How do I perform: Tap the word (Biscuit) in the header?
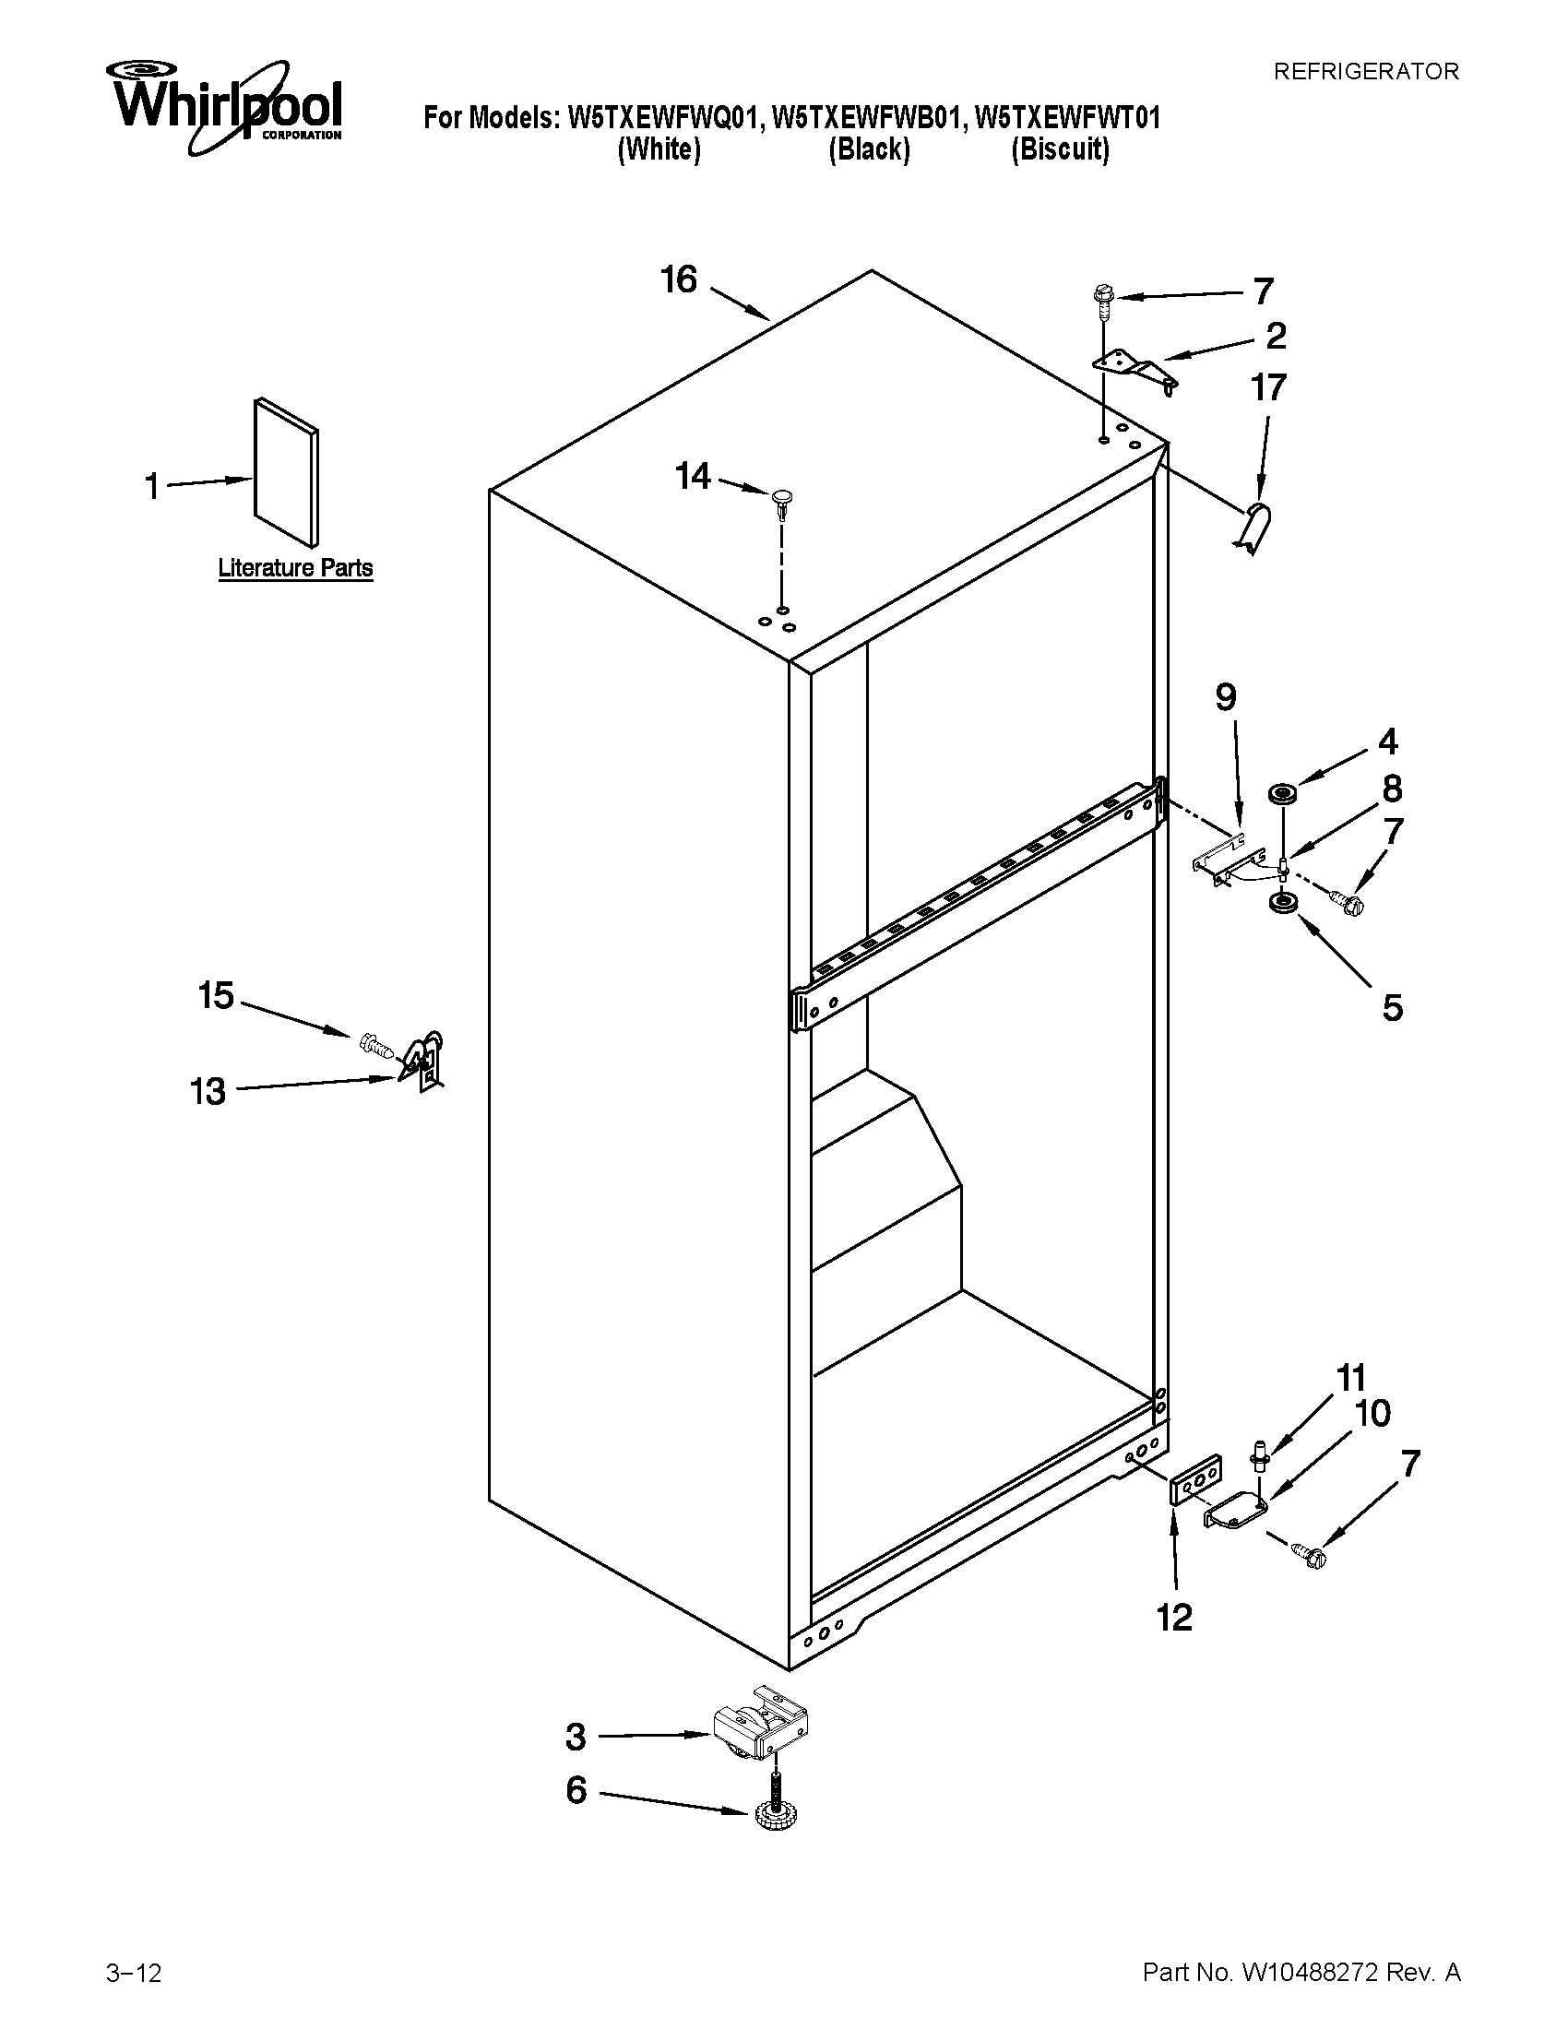click(1060, 148)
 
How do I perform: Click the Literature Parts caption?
click(295, 567)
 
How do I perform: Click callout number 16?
click(679, 279)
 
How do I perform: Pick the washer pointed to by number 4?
click(1283, 793)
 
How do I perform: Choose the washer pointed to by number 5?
click(1283, 902)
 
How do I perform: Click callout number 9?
click(1226, 696)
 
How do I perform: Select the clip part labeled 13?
click(425, 1060)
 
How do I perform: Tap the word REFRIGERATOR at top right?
click(1365, 72)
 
